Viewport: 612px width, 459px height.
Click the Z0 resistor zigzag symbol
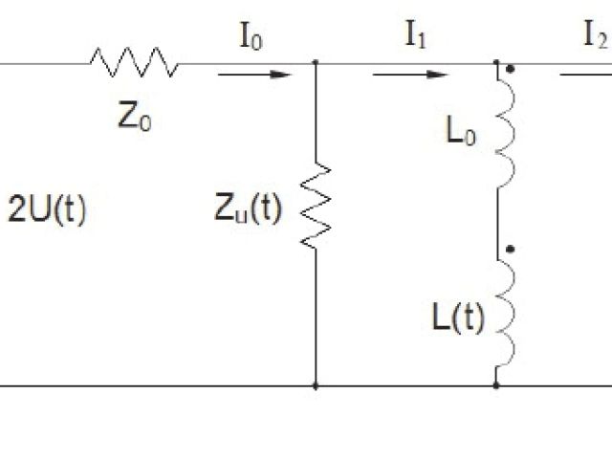[x=134, y=63]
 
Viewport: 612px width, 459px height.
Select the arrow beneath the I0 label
[x=253, y=73]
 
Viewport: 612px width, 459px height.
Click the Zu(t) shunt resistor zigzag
[x=316, y=207]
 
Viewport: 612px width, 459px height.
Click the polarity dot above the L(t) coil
[x=514, y=250]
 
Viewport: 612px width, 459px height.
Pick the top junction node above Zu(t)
[x=316, y=63]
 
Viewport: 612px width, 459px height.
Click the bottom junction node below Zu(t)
[x=316, y=386]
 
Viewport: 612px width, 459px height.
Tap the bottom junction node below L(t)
[x=496, y=386]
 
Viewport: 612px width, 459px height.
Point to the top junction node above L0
[x=496, y=63]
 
